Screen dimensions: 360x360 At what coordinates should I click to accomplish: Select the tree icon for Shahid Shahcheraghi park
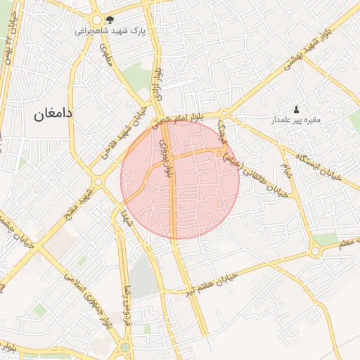109,20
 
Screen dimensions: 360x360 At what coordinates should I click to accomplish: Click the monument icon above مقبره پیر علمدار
296,109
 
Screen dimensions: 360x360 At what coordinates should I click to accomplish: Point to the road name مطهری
107,52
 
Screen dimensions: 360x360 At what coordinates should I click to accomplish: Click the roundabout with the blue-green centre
125,347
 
